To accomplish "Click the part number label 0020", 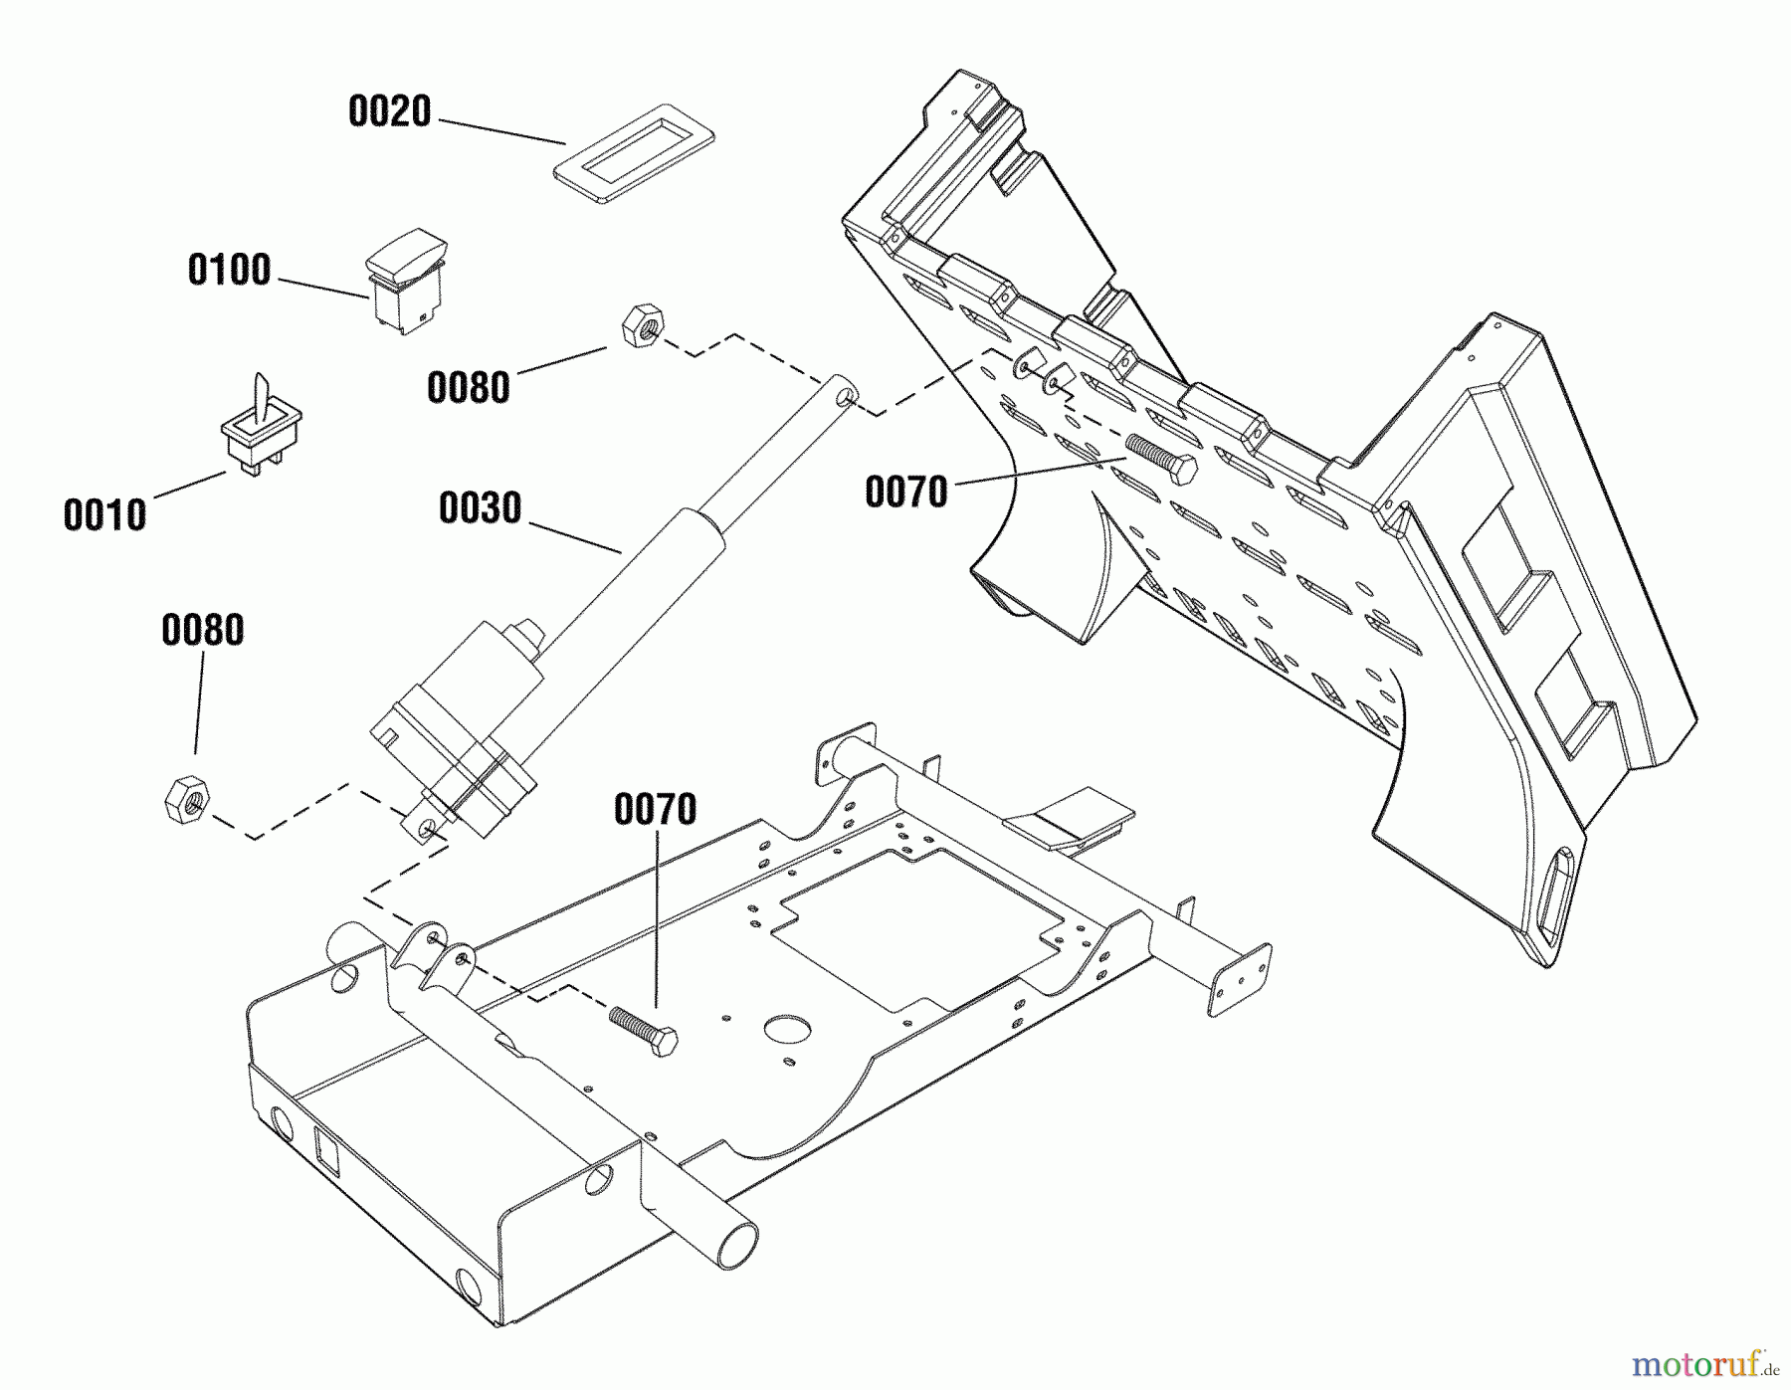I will [389, 111].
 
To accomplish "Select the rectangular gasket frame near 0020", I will [634, 150].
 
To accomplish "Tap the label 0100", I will [229, 271].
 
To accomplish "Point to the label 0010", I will [104, 516].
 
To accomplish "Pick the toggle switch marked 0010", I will [261, 425].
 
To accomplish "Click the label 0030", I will [480, 508].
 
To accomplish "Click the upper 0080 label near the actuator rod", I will [468, 388].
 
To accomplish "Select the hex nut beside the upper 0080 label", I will [643, 325].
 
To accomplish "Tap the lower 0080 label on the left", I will [202, 631].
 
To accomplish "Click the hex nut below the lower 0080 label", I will [186, 799].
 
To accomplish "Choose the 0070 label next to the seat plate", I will [905, 493].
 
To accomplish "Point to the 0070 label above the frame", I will [655, 810].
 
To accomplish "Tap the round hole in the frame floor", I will [787, 1031].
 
